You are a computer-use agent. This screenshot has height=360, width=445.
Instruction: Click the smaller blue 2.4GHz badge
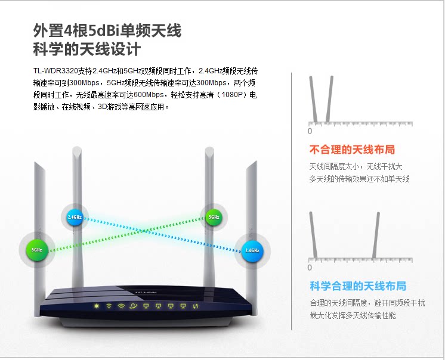coord(75,217)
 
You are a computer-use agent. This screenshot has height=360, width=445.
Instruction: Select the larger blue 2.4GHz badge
coord(251,250)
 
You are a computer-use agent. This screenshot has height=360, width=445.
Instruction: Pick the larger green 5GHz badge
coord(36,250)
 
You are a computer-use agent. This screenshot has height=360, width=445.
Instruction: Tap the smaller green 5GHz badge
coord(214,217)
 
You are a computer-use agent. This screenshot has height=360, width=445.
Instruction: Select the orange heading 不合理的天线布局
coord(351,149)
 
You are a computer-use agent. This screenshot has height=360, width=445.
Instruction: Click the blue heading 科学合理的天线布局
coord(357,286)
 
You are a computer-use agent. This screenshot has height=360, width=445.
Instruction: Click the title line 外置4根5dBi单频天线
coord(107,30)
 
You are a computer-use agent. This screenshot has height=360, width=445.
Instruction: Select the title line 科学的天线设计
coord(95,49)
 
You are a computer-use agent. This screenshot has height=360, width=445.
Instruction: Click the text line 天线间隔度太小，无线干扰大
coord(356,166)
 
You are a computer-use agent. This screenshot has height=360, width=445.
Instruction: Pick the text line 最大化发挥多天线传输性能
coord(352,315)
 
